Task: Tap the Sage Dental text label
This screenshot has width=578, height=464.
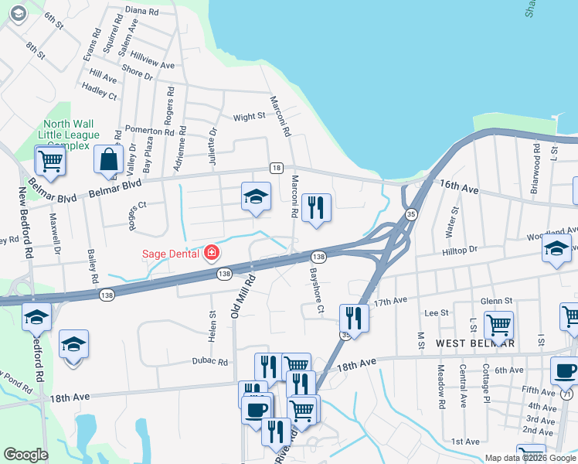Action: point(172,253)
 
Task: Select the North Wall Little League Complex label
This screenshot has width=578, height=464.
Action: point(69,134)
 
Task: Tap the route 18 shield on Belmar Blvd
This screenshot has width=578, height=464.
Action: point(276,168)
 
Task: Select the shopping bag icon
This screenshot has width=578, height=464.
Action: point(108,160)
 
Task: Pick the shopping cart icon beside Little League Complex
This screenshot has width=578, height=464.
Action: point(49,160)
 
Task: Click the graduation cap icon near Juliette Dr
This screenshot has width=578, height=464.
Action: point(256,196)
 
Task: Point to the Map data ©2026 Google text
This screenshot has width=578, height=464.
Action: point(530,458)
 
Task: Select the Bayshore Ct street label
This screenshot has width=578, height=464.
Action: point(315,291)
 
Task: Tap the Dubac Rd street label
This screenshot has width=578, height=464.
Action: point(211,361)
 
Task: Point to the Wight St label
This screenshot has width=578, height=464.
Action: point(249,117)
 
